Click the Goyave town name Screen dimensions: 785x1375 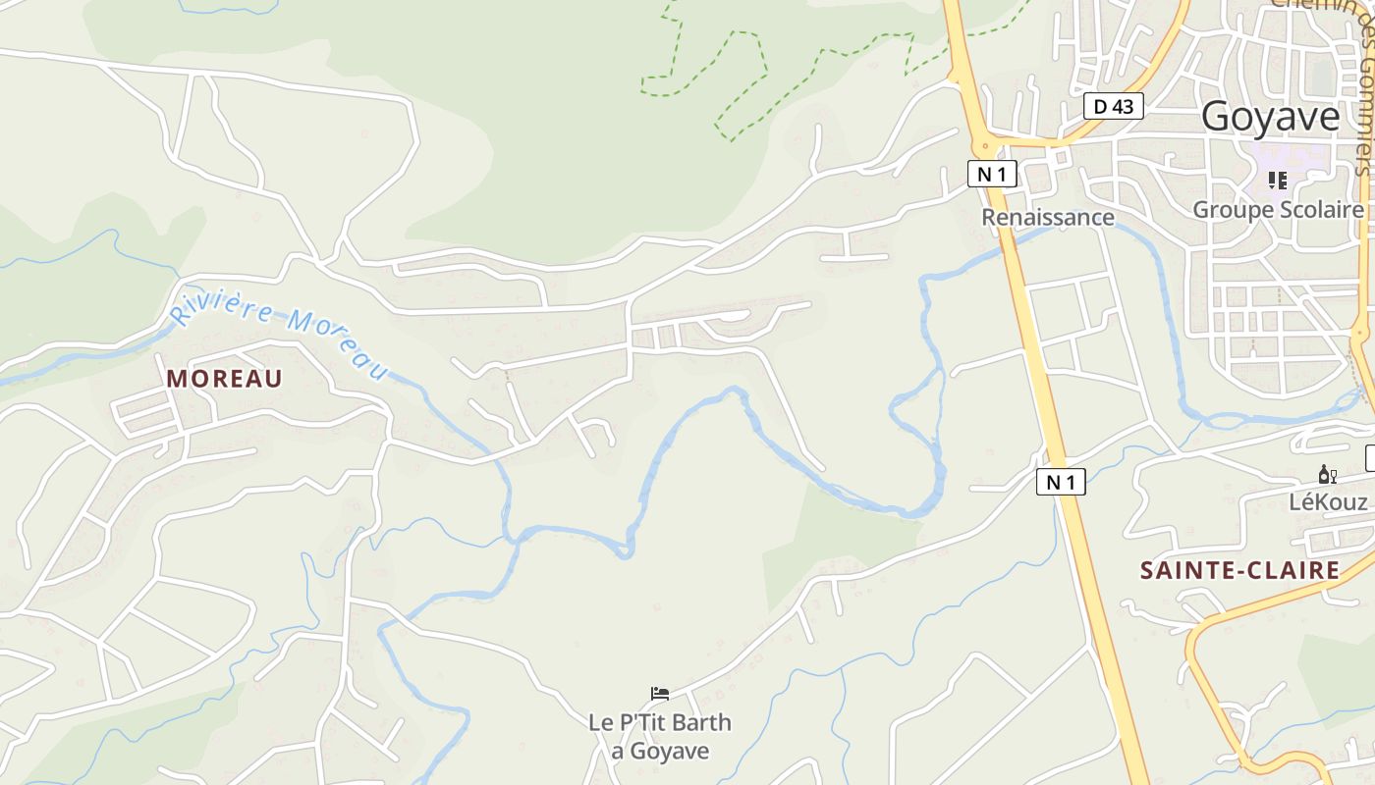(1270, 117)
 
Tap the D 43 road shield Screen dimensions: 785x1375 (1114, 106)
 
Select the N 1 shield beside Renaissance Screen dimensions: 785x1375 (992, 175)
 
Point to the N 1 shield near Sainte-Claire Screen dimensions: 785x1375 (1061, 482)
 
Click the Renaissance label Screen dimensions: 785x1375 (1048, 217)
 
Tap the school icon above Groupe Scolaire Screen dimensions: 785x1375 (1278, 181)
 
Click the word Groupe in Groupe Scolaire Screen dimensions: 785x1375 (1227, 210)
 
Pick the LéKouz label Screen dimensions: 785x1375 (1328, 502)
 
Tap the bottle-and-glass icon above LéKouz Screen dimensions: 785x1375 (1327, 476)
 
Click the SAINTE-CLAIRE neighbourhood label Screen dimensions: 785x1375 (1239, 570)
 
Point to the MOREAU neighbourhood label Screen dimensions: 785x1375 (224, 379)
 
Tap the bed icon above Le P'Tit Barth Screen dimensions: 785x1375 (660, 695)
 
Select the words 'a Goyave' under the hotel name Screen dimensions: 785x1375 (660, 752)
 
